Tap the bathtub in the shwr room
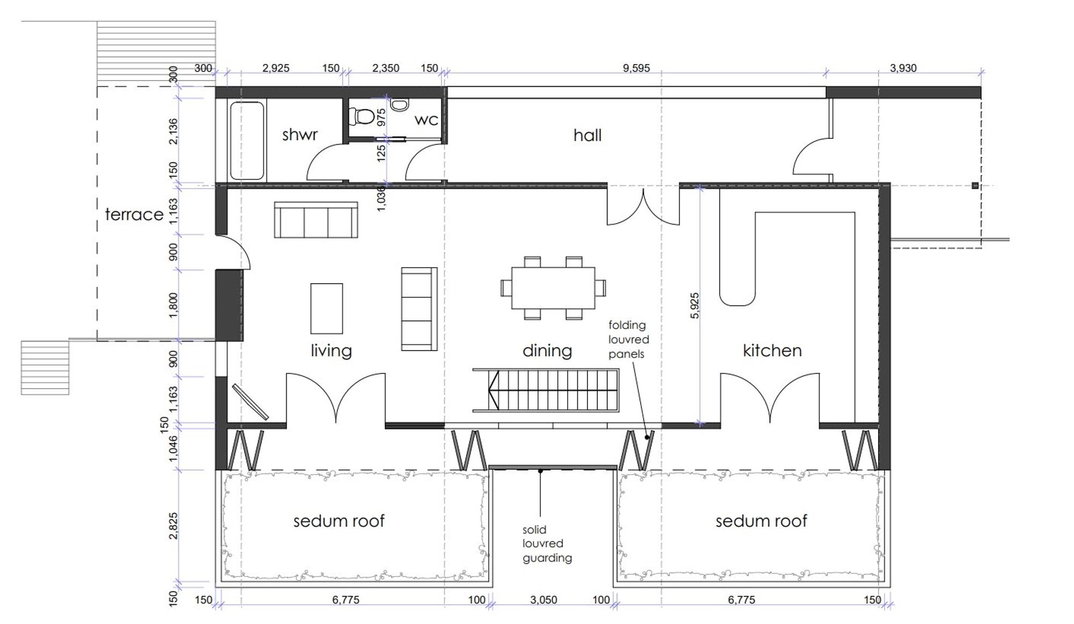pyautogui.click(x=247, y=140)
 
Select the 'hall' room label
pyautogui.click(x=587, y=135)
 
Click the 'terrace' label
pyautogui.click(x=134, y=214)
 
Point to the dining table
pyautogui.click(x=553, y=288)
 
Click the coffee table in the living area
pyautogui.click(x=326, y=309)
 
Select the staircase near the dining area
pyautogui.click(x=546, y=390)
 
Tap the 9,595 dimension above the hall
pyautogui.click(x=636, y=68)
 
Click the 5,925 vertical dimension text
pyautogui.click(x=695, y=305)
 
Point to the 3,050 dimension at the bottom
pyautogui.click(x=543, y=600)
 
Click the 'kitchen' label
pyautogui.click(x=772, y=350)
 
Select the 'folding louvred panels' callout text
pyautogui.click(x=628, y=340)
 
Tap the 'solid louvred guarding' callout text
pyautogui.click(x=547, y=544)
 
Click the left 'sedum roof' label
pyautogui.click(x=339, y=521)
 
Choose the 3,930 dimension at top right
pyautogui.click(x=903, y=68)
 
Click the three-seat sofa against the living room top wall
pyautogui.click(x=316, y=220)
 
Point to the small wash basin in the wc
pyautogui.click(x=398, y=105)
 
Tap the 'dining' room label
pyautogui.click(x=547, y=351)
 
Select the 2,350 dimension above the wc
pyautogui.click(x=386, y=68)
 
